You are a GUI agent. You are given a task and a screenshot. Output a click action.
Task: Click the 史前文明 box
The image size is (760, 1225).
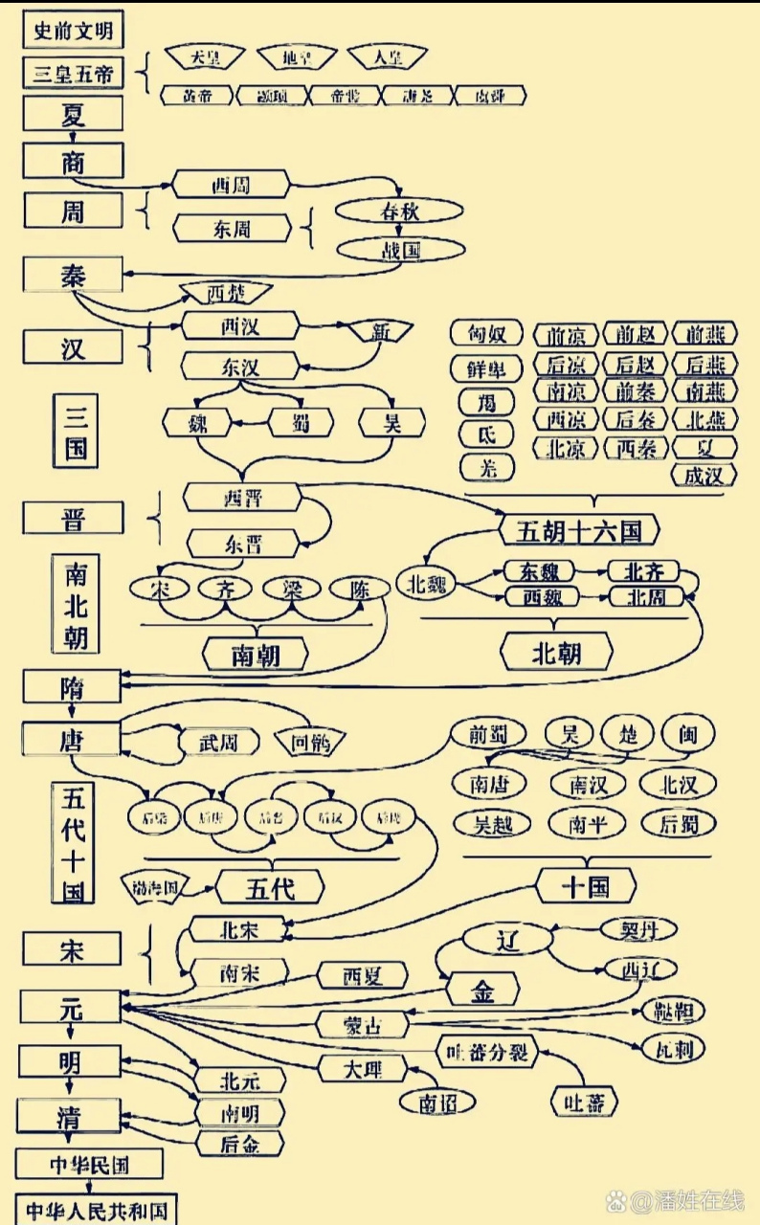pyautogui.click(x=74, y=31)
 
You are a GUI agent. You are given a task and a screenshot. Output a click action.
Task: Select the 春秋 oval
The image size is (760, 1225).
pyautogui.click(x=399, y=212)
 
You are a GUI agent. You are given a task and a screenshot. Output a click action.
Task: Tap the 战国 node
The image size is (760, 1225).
pyautogui.click(x=393, y=251)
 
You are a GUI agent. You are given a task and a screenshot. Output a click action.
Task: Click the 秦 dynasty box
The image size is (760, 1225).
pyautogui.click(x=74, y=276)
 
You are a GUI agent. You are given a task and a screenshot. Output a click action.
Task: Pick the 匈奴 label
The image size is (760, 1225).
pyautogui.click(x=486, y=334)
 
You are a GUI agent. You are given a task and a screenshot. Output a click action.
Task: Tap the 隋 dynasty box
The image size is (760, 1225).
pyautogui.click(x=74, y=685)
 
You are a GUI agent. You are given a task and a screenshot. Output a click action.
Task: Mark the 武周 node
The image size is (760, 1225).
pyautogui.click(x=216, y=741)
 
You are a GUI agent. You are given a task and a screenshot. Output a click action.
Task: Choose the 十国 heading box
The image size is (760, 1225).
pyautogui.click(x=586, y=886)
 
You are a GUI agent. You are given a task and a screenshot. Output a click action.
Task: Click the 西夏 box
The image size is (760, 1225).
pyautogui.click(x=362, y=975)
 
